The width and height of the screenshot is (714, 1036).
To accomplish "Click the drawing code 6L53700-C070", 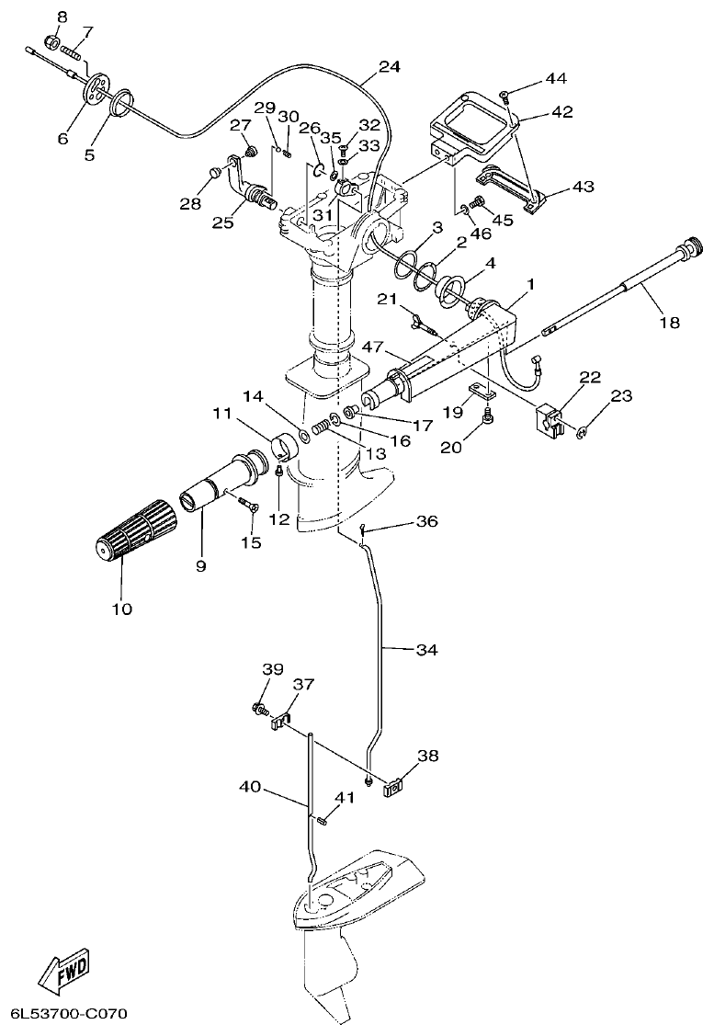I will coord(68,1015).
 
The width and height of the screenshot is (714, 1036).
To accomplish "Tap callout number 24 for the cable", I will coord(390,67).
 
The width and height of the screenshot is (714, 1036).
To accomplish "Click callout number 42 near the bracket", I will coord(561,112).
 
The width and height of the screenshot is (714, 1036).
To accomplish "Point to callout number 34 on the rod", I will coord(425,650).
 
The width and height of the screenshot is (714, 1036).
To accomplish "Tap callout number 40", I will coord(251,787).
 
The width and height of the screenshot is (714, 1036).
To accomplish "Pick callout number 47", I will coord(371,348).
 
